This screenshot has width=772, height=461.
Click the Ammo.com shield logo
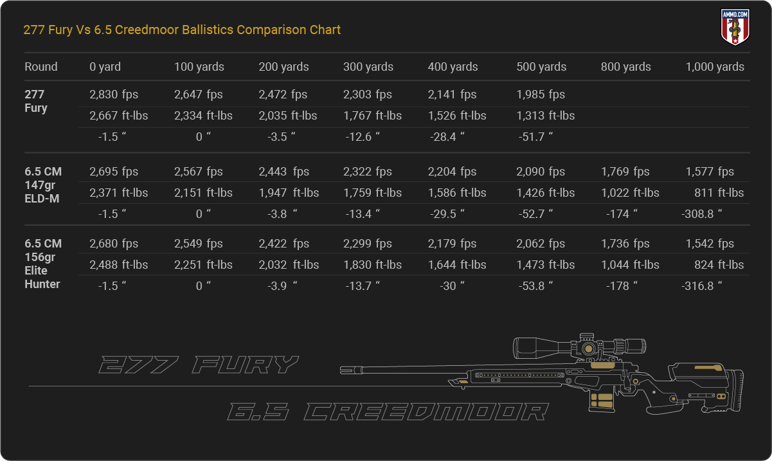click(735, 27)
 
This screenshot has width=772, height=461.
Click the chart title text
click(182, 30)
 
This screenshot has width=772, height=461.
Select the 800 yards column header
click(626, 67)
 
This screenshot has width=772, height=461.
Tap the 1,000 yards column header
click(715, 67)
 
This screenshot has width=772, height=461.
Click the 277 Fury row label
click(36, 101)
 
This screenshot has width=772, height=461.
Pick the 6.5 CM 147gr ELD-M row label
click(43, 185)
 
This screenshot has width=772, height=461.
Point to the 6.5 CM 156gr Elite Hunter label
click(43, 264)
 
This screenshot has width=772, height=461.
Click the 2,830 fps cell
click(114, 94)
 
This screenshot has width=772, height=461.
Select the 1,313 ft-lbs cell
click(545, 116)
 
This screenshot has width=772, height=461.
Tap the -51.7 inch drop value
click(535, 136)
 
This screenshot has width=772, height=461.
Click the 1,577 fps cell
click(710, 172)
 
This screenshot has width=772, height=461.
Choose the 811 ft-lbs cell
click(719, 192)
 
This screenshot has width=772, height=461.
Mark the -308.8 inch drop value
click(701, 213)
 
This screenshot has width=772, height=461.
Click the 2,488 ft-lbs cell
click(118, 264)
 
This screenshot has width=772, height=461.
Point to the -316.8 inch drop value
click(701, 286)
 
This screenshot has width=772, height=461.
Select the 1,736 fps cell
click(625, 244)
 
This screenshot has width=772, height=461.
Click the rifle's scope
click(579, 347)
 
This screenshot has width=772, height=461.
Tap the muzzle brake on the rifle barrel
click(351, 370)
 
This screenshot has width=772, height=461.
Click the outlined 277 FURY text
click(199, 365)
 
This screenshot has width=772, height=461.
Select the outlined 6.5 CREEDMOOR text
click(388, 411)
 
